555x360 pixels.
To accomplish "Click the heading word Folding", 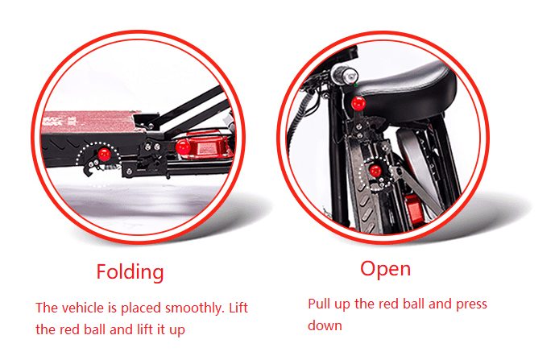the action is pyautogui.click(x=130, y=272).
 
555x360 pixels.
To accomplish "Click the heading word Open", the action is pyautogui.click(x=386, y=270).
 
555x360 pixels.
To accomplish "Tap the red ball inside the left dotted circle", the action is pyautogui.click(x=105, y=154).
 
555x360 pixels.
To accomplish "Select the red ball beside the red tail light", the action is pyautogui.click(x=183, y=147).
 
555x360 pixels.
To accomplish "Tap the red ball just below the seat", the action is pyautogui.click(x=358, y=104).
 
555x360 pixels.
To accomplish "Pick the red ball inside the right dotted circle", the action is pyautogui.click(x=375, y=172).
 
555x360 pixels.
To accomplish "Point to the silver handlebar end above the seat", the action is pyautogui.click(x=345, y=75).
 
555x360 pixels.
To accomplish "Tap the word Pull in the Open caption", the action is pyautogui.click(x=319, y=304).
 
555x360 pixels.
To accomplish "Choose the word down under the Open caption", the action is pyautogui.click(x=325, y=325).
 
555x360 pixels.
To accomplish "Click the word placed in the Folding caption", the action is pyautogui.click(x=141, y=308).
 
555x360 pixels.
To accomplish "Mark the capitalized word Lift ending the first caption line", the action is pyautogui.click(x=238, y=308).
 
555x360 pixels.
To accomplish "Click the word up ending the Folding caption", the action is pyautogui.click(x=177, y=330).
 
